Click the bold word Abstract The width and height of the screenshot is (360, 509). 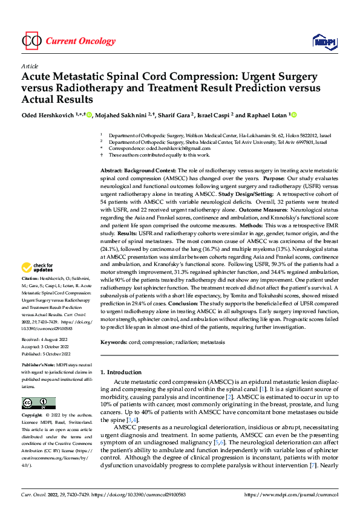coord(113,172)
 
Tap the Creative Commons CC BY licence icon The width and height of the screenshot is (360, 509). coord(38,403)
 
